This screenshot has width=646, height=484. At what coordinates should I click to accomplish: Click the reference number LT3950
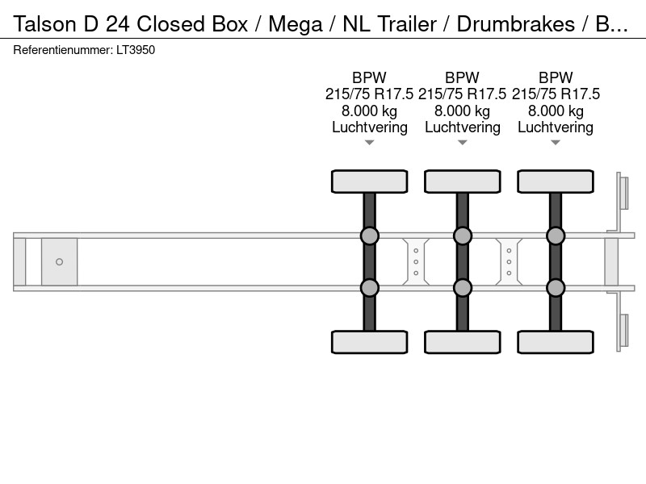click(136, 50)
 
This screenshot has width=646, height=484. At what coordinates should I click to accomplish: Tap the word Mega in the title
click(296, 25)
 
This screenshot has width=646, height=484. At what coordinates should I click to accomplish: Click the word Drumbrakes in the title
click(515, 24)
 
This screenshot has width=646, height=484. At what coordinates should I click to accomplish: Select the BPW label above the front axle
click(369, 77)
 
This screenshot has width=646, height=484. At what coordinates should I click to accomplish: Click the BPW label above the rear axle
click(556, 77)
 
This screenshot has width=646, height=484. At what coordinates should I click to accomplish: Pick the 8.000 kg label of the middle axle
click(462, 111)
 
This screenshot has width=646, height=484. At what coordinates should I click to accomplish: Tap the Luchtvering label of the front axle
click(370, 127)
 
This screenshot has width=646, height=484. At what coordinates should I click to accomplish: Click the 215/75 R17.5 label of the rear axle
click(556, 94)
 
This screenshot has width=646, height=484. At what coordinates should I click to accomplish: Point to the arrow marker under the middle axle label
click(462, 143)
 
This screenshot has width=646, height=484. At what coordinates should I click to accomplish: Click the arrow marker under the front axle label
click(369, 143)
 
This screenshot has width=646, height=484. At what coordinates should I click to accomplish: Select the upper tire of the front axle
click(370, 181)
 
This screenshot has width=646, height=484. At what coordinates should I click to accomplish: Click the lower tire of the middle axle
click(462, 342)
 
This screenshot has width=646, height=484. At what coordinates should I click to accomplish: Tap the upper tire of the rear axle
click(556, 181)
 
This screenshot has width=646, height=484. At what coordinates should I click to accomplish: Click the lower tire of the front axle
click(370, 342)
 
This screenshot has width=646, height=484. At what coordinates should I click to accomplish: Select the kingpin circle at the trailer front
click(59, 261)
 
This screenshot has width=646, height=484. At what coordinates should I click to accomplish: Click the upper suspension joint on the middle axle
click(462, 236)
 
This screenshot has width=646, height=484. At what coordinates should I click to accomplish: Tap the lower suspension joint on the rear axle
click(556, 288)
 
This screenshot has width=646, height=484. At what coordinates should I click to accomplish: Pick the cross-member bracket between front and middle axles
click(416, 261)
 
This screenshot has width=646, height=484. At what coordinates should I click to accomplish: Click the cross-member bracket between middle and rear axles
click(509, 261)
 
